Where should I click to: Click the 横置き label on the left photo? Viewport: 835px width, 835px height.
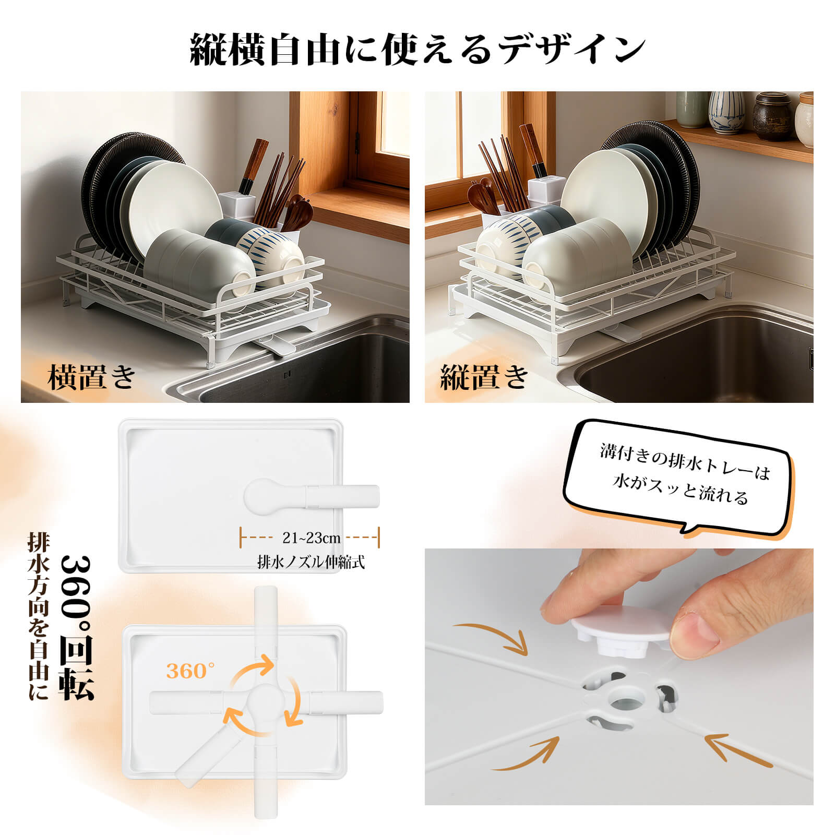[92, 376]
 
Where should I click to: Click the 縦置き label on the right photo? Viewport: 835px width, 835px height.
[484, 376]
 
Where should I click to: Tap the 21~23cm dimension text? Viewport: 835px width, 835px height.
[311, 538]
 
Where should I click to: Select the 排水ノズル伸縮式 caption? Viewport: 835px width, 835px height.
[311, 563]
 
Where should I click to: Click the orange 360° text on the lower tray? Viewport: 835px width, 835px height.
[190, 671]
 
